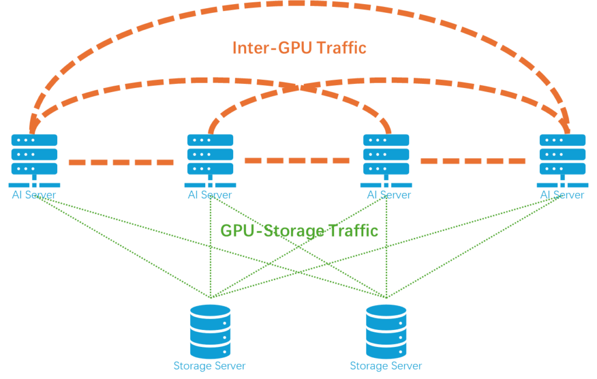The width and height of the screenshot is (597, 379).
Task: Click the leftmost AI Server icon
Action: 34,155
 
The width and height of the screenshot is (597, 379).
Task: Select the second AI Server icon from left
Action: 210,155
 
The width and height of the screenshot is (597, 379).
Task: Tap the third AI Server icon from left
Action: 387,155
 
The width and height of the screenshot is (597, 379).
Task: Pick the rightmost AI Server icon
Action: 563,155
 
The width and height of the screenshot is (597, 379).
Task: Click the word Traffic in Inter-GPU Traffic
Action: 339,47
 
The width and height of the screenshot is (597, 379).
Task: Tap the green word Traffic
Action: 351,230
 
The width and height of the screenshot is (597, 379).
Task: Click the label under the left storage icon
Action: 210,366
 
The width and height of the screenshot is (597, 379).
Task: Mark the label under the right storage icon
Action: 386,366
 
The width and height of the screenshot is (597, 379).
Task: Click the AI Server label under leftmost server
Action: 34,195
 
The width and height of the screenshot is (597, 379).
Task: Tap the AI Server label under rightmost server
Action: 562,195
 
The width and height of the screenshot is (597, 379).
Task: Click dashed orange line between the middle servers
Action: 298,160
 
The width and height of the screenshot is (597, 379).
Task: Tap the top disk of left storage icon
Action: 210,311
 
